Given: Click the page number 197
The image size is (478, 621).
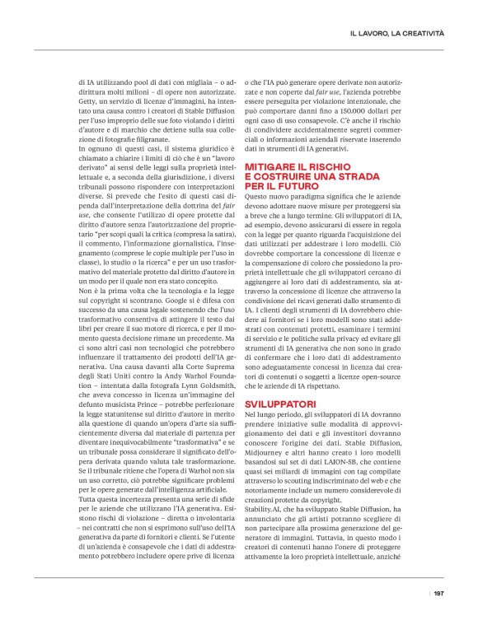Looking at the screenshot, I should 438,593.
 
